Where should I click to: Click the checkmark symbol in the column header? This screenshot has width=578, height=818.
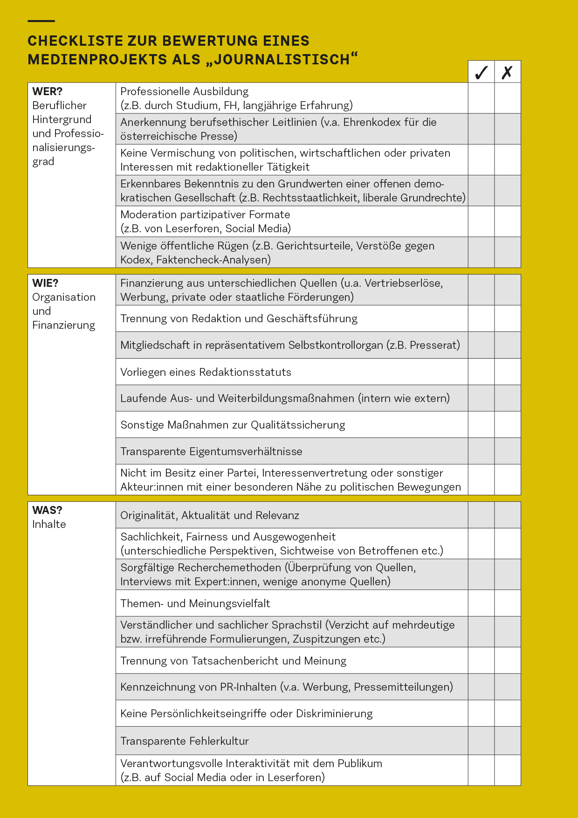tap(481, 72)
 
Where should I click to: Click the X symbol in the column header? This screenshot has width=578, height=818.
tap(507, 72)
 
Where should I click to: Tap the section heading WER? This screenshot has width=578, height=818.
tap(47, 91)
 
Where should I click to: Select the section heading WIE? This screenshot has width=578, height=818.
tap(45, 283)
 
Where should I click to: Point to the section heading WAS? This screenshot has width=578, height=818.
tap(47, 510)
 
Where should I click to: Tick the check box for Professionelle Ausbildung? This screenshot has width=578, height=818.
tap(481, 98)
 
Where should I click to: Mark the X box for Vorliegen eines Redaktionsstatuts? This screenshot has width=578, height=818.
tap(507, 372)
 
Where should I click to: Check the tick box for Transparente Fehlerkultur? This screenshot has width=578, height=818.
tap(481, 741)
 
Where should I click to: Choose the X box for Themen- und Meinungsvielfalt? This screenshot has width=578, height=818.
tap(507, 603)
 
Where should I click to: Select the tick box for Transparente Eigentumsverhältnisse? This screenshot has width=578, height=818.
tap(481, 451)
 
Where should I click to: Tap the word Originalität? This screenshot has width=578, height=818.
tap(148, 515)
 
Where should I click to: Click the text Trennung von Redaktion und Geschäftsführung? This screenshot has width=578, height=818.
tap(239, 319)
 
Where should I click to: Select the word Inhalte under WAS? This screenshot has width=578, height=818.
tap(49, 524)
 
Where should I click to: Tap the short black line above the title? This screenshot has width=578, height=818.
tap(41, 21)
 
